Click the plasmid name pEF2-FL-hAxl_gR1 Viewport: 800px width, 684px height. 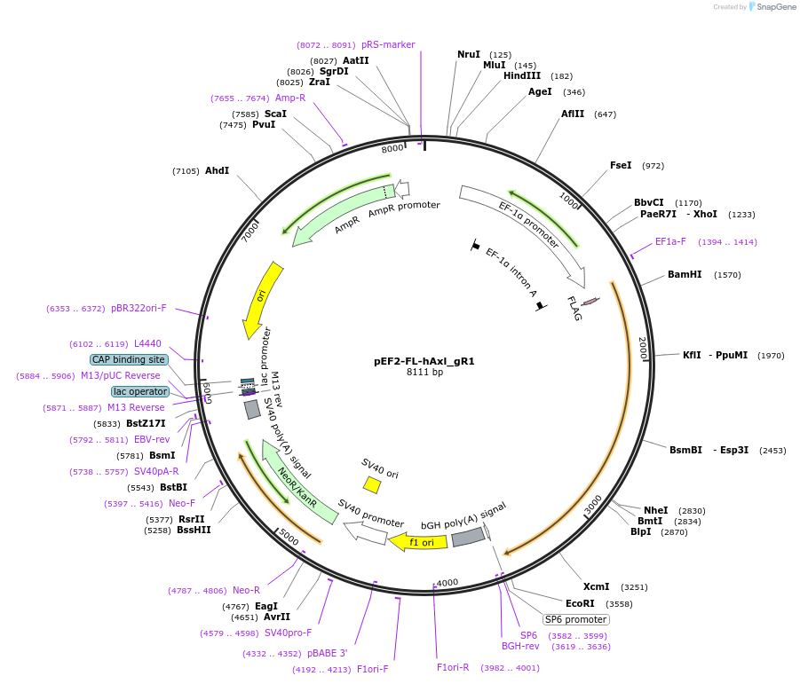[424, 361]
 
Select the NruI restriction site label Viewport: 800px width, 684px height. [469, 55]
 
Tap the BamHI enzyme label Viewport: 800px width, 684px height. [685, 275]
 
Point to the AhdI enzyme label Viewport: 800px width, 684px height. [217, 170]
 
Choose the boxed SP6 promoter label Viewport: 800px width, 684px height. [576, 619]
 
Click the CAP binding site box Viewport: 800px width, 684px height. [129, 359]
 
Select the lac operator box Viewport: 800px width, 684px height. [139, 391]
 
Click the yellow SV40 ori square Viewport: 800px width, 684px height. [372, 484]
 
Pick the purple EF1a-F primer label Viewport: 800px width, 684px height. [670, 241]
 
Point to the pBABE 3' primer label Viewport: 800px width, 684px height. [328, 653]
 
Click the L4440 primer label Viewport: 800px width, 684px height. [148, 343]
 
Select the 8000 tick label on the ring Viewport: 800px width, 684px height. [392, 149]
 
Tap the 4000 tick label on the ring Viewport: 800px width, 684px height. [447, 582]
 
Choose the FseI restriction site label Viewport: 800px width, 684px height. [621, 166]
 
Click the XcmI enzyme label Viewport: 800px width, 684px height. [596, 586]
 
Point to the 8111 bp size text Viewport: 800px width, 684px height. [424, 373]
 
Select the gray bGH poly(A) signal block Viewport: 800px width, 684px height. [468, 537]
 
